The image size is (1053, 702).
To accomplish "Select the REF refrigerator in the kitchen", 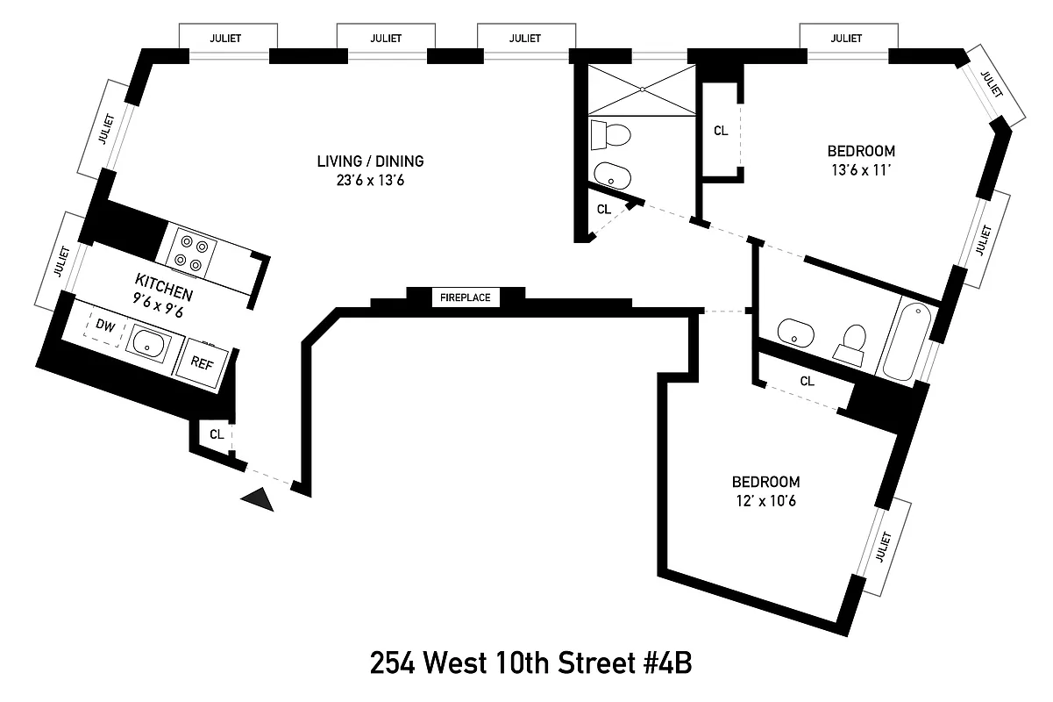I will click(202, 362).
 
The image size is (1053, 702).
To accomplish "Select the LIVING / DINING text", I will click(370, 161).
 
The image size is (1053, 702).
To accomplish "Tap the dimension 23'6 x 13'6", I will click(370, 180).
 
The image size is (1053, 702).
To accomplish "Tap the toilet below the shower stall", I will click(615, 136).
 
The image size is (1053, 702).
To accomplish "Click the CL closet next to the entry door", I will click(216, 434).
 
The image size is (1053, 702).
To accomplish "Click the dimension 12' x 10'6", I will click(765, 501).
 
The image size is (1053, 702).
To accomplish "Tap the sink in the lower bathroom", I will click(796, 331).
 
